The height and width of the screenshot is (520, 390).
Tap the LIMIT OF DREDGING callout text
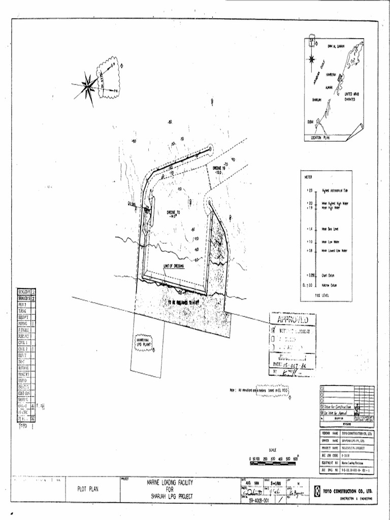pos(173,266)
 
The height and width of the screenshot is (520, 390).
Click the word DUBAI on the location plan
pos(311,122)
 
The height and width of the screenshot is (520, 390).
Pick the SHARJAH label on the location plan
pos(317,100)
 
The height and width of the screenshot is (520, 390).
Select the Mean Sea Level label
pos(330,229)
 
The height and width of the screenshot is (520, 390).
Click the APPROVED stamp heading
pos(292,319)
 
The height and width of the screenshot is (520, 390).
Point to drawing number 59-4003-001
pos(259,500)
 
